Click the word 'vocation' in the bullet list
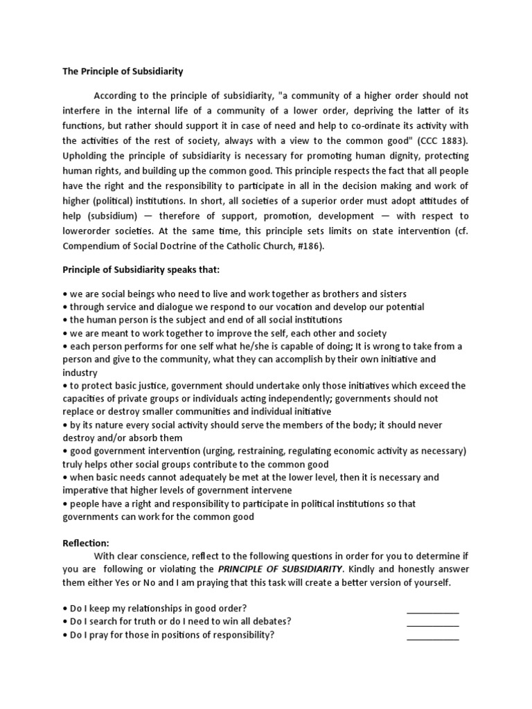click(303, 307)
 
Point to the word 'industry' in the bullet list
click(81, 373)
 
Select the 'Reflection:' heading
click(85, 543)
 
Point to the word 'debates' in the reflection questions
click(272, 621)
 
